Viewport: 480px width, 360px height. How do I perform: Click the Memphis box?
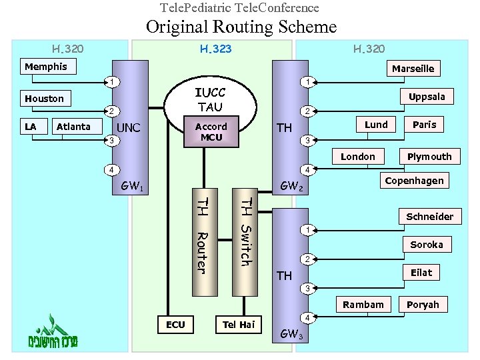pyautogui.click(x=46, y=67)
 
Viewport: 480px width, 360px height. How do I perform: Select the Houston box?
pyautogui.click(x=44, y=99)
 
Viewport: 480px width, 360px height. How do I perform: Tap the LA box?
pyautogui.click(x=30, y=127)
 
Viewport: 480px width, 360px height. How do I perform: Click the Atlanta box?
pyautogui.click(x=73, y=127)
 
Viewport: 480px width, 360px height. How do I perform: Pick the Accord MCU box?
pyautogui.click(x=211, y=131)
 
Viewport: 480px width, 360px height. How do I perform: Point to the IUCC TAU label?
pyautogui.click(x=210, y=100)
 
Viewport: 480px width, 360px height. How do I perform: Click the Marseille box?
pyautogui.click(x=413, y=69)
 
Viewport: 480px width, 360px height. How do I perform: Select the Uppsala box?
pyautogui.click(x=427, y=97)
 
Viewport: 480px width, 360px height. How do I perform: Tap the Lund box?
pyautogui.click(x=376, y=125)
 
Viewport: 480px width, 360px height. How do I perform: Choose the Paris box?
pyautogui.click(x=424, y=125)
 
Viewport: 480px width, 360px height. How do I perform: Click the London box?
pyautogui.click(x=358, y=157)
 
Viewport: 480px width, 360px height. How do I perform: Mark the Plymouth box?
pyautogui.click(x=429, y=157)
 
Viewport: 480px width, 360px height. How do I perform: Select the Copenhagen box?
pyautogui.click(x=414, y=181)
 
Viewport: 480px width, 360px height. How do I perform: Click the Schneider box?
pyautogui.click(x=429, y=216)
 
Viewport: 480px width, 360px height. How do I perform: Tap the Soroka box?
pyautogui.click(x=427, y=245)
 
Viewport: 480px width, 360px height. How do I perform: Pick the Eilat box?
pyautogui.click(x=421, y=273)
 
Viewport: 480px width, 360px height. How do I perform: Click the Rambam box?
pyautogui.click(x=363, y=305)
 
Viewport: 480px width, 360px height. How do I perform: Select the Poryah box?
pyautogui.click(x=423, y=305)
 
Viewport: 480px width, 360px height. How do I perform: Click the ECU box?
pyautogui.click(x=175, y=325)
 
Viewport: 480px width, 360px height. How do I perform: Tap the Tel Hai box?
pyautogui.click(x=239, y=325)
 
